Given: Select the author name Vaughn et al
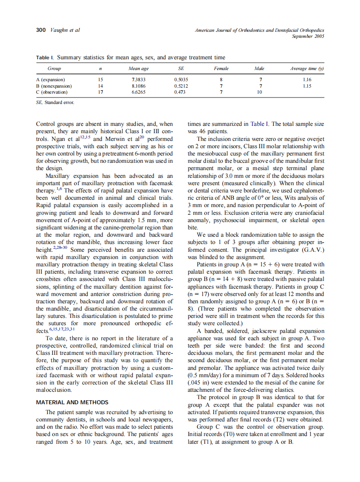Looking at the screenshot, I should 65,30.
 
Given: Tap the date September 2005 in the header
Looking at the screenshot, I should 308,37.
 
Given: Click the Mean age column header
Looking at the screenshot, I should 139,68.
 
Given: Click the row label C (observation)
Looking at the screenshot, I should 52,92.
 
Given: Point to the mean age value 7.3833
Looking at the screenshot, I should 138,79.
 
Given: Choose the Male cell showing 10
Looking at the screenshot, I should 259,92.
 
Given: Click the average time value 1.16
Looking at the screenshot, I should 307,79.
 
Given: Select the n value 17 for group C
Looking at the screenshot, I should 100,92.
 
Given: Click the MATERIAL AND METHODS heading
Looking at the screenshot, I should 72,403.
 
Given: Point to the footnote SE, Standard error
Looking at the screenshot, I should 55,103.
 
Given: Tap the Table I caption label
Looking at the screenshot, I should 45,57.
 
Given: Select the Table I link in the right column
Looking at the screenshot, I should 257,124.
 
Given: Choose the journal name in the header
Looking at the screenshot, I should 259,30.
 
